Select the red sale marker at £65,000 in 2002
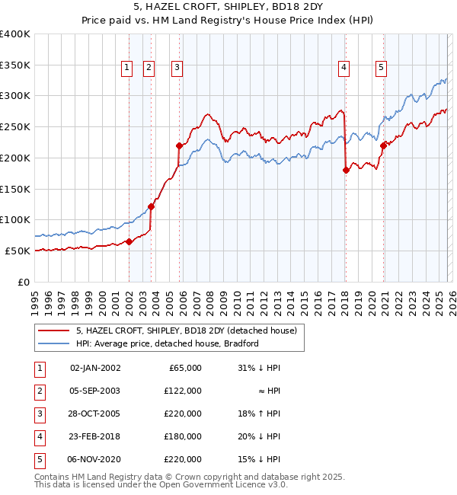point(129,241)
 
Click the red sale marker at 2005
point(179,145)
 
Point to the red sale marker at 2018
point(346,170)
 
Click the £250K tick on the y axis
point(17,127)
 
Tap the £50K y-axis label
point(19,251)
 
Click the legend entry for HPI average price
point(168,343)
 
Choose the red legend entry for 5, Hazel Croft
point(190,331)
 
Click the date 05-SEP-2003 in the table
point(94,391)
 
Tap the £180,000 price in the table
point(184,436)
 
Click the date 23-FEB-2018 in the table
point(94,436)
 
